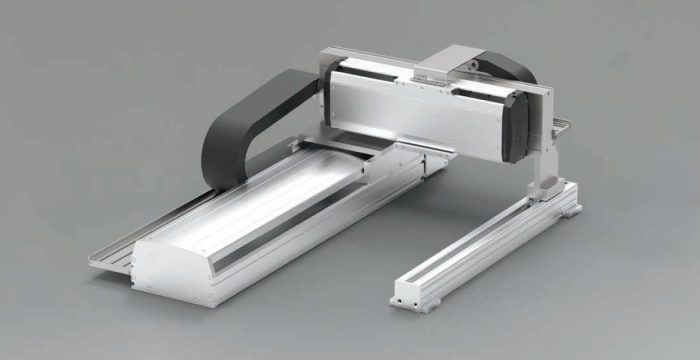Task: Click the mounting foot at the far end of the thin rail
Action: tap(566, 199)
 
